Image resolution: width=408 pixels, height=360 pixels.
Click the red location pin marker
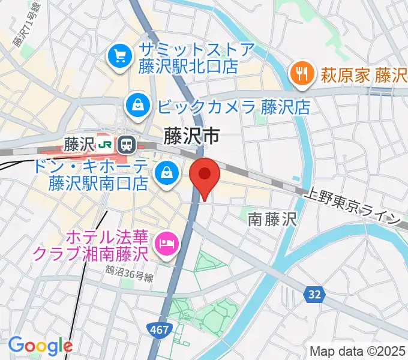point(205,175)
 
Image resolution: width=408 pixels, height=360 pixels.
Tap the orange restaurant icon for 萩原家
point(300,74)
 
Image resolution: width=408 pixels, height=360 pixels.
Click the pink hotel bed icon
point(166,244)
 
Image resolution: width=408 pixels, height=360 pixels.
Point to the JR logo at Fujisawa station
point(106,144)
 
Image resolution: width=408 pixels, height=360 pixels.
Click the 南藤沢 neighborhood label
point(272,220)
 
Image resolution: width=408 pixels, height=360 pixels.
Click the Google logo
point(40,345)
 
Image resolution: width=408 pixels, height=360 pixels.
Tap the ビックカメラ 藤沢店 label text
point(234,107)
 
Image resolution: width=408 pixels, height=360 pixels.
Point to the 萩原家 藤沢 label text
point(363,75)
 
